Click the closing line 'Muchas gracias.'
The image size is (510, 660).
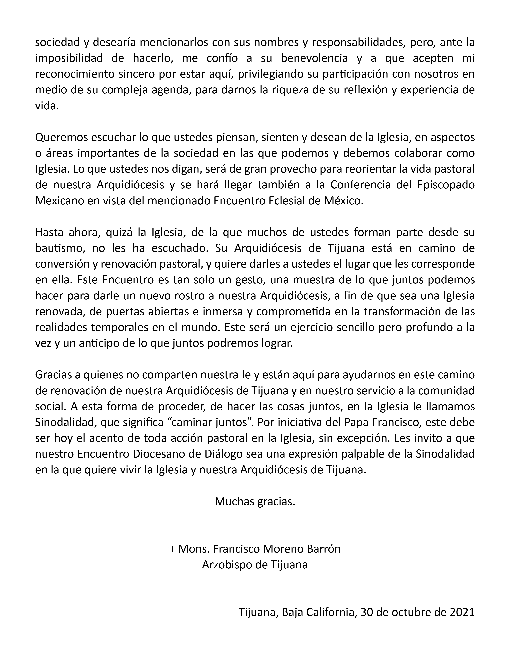(x=255, y=501)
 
